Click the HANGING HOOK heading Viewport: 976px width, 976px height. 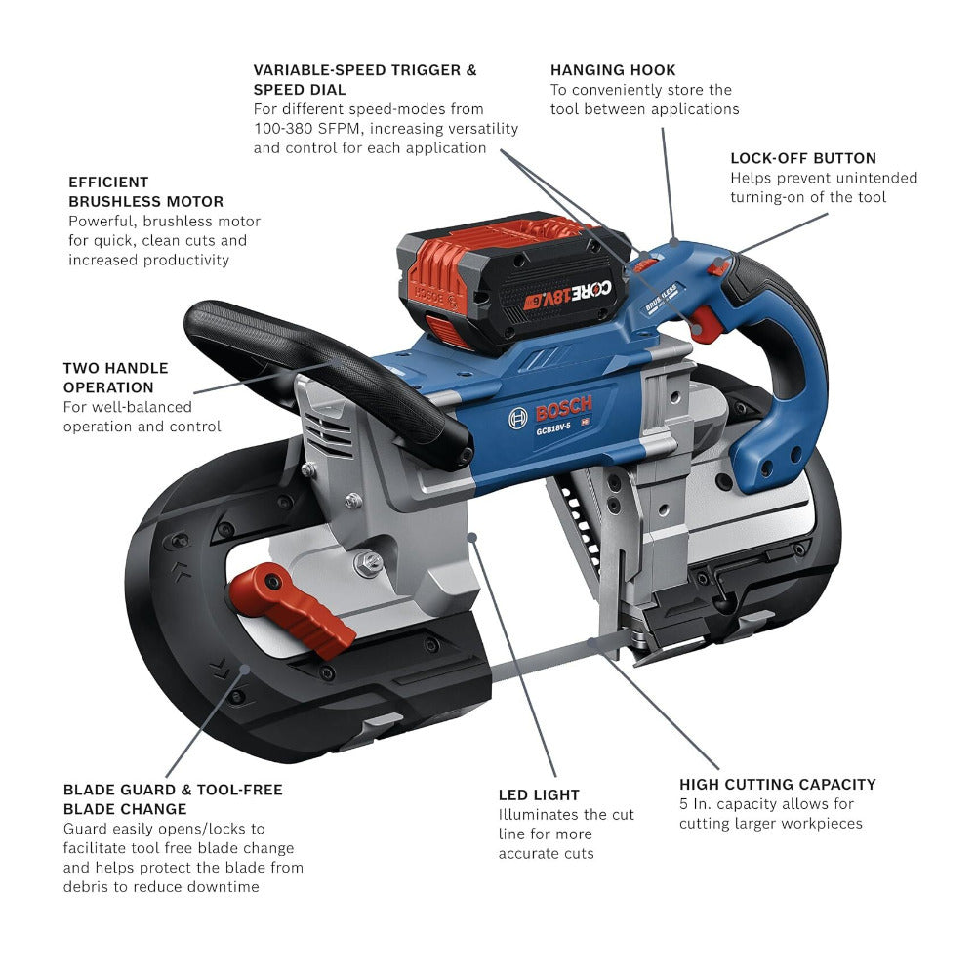(x=612, y=70)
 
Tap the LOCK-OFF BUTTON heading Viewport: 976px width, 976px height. (x=802, y=158)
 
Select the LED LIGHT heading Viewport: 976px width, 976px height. (x=539, y=794)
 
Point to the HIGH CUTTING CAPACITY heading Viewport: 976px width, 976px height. (x=777, y=784)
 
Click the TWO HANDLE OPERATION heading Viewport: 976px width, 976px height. (x=115, y=378)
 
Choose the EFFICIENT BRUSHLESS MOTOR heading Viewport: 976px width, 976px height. (x=145, y=191)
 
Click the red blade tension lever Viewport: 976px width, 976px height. (x=293, y=608)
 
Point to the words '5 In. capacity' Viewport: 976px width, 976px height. (x=733, y=804)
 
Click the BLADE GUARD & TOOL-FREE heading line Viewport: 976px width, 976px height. (x=173, y=790)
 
